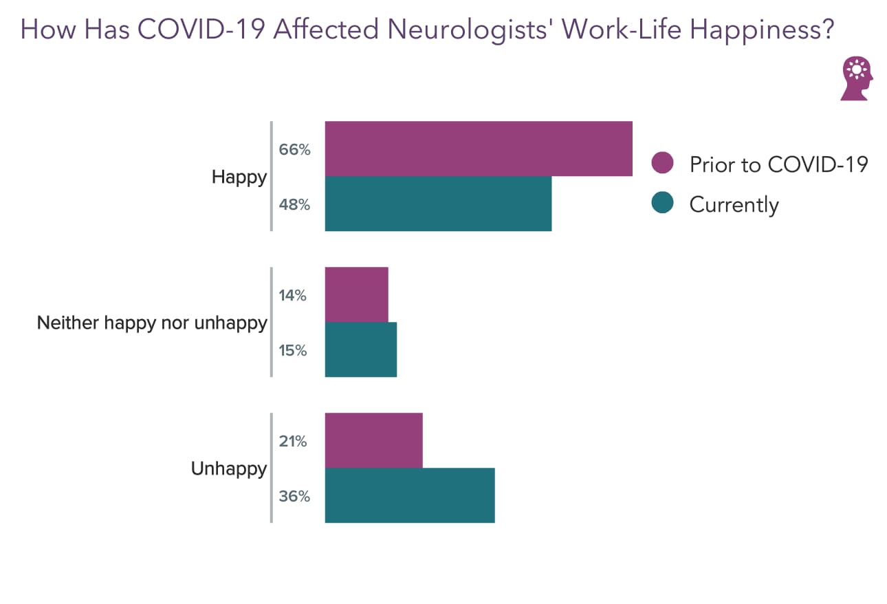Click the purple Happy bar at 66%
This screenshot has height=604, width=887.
478,149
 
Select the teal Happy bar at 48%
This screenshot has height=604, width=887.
438,204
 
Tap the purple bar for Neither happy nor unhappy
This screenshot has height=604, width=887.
356,294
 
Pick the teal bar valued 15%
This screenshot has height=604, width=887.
360,349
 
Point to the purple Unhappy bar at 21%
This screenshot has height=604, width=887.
373,440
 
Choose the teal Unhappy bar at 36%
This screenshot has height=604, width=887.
409,495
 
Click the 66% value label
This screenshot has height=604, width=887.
294,149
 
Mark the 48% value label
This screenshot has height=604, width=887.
294,204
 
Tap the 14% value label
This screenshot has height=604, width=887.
293,295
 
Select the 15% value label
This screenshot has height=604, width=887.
293,350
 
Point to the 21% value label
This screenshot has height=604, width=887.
293,441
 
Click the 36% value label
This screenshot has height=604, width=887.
294,496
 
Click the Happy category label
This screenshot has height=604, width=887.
239,177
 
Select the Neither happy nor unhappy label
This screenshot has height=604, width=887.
152,323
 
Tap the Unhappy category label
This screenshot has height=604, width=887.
228,469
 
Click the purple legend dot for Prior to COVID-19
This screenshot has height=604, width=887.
662,163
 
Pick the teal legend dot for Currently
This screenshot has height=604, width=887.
662,204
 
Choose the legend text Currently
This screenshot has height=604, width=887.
734,204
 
